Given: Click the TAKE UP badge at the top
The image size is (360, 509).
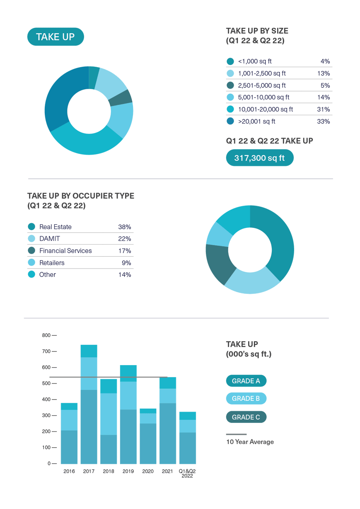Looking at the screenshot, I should [x=56, y=37].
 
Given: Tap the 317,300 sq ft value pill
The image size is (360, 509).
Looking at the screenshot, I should [x=260, y=158].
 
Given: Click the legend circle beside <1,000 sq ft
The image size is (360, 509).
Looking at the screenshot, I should [x=230, y=61].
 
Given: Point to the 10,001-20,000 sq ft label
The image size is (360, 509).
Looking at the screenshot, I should [x=265, y=109].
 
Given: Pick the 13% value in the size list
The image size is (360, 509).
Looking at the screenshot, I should [x=325, y=73].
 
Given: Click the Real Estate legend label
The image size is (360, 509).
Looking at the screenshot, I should [x=56, y=227].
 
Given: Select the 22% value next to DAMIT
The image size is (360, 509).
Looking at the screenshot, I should [x=124, y=239].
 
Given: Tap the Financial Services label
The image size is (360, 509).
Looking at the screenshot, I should [x=65, y=251].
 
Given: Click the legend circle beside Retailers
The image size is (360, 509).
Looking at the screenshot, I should [x=31, y=263].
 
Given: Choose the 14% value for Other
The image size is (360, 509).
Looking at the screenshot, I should [x=124, y=275].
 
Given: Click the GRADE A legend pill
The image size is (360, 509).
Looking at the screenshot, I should [x=246, y=381].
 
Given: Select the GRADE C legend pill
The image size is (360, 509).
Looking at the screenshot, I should [x=246, y=417].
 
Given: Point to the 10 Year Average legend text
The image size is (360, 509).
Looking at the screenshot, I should [x=250, y=442].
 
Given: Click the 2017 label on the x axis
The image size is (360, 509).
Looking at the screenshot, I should [x=89, y=471].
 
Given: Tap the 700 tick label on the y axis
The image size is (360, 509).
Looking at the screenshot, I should [x=46, y=351].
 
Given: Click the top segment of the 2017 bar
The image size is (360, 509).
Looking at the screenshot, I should [x=89, y=351].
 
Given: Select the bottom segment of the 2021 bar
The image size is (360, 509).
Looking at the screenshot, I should [x=168, y=433].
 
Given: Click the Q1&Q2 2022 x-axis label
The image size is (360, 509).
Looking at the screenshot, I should [x=187, y=473].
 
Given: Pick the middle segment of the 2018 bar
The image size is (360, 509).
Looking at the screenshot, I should [x=109, y=414].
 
